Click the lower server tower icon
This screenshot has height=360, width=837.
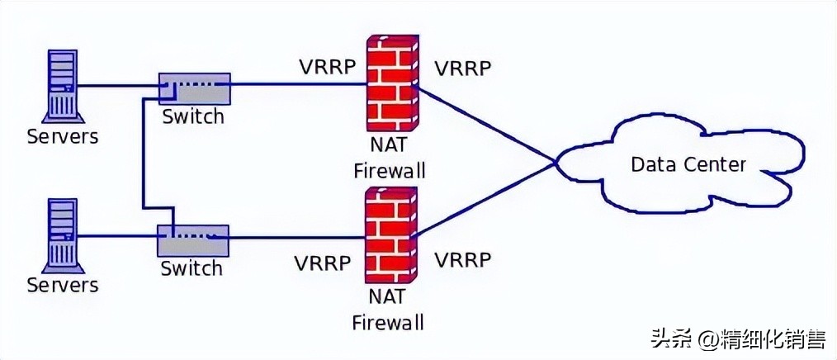(x=62, y=234)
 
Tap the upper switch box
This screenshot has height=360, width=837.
(x=195, y=88)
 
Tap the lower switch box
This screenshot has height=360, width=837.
(x=193, y=239)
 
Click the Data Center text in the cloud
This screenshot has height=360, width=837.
(x=688, y=164)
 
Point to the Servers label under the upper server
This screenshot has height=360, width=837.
(x=63, y=135)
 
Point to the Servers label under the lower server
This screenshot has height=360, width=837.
(x=63, y=286)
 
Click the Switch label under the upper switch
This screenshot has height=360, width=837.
(x=192, y=116)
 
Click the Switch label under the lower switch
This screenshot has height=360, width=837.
(x=192, y=268)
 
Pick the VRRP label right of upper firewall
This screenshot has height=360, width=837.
(x=463, y=67)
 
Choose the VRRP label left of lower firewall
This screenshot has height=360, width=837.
(x=322, y=263)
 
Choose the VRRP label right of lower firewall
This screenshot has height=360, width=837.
(x=463, y=261)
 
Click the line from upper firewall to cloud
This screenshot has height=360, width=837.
(x=487, y=125)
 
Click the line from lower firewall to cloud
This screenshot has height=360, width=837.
(x=487, y=199)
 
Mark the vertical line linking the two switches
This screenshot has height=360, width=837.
(x=142, y=157)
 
